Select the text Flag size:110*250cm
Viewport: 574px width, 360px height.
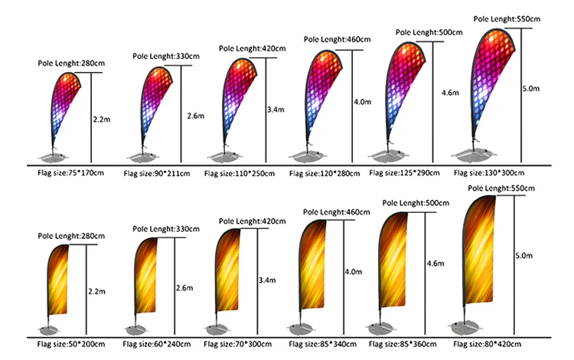(x=237, y=174)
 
